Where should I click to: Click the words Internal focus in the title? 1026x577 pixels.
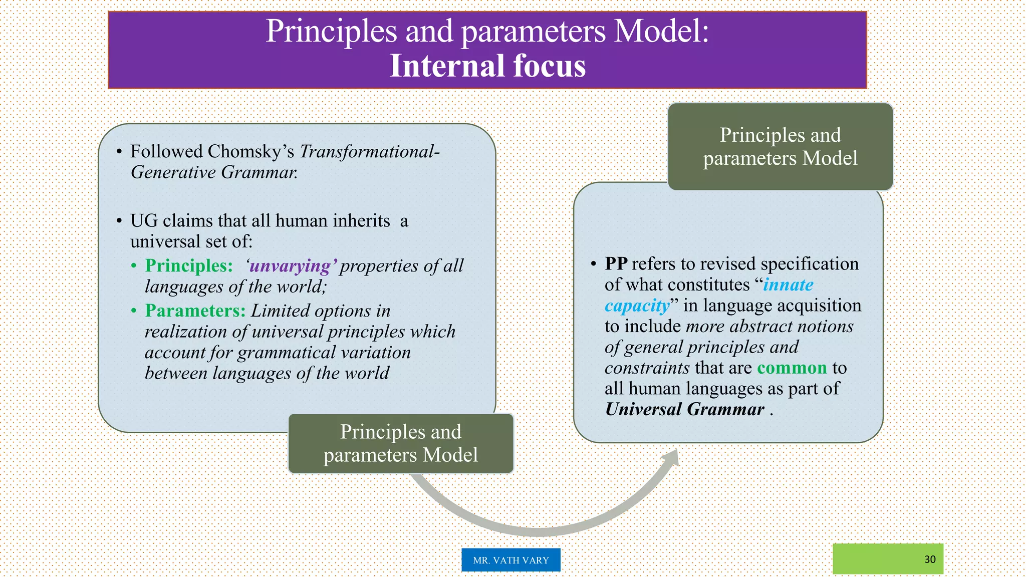point(487,66)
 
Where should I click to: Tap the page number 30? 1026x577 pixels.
point(930,559)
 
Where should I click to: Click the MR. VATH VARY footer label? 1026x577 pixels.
point(510,560)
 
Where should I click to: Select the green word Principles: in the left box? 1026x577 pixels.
point(189,265)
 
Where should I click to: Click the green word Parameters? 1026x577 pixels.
point(195,311)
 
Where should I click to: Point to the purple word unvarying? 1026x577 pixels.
point(290,265)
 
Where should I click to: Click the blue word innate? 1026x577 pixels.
point(788,284)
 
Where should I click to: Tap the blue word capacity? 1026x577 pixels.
point(637,306)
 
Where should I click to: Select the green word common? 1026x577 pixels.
point(792,368)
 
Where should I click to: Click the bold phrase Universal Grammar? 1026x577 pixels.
point(684,409)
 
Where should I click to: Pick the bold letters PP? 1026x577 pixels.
point(616,264)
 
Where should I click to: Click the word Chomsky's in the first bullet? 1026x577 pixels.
point(251,151)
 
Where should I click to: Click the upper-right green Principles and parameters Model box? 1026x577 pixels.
point(780,147)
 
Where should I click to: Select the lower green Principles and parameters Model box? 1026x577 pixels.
point(400,444)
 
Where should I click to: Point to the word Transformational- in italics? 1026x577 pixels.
point(369,151)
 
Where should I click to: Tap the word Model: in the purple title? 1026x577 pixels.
point(661,31)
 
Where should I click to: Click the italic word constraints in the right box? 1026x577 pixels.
point(647,368)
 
